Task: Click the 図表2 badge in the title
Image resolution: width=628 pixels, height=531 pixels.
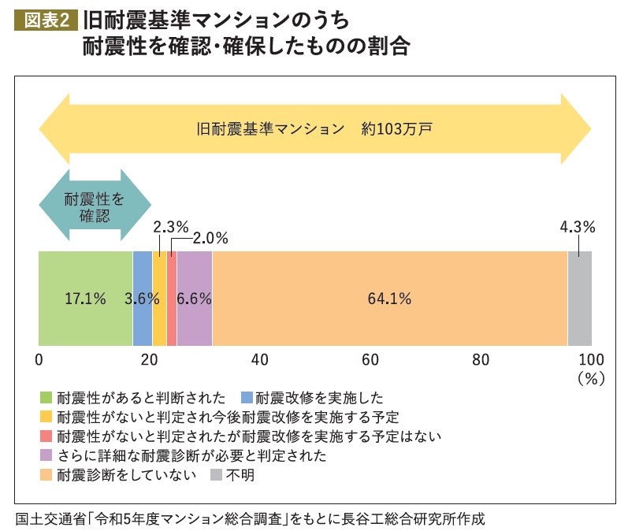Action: point(46,18)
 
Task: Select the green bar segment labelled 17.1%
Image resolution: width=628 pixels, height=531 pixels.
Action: point(85,299)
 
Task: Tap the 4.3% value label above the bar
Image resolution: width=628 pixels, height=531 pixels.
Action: point(577,227)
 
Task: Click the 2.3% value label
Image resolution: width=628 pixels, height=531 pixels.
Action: point(170,227)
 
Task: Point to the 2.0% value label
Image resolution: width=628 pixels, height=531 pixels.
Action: point(210,236)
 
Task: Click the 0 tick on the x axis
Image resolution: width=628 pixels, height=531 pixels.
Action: point(39,360)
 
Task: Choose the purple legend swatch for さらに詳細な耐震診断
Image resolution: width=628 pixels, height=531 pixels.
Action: point(46,455)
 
